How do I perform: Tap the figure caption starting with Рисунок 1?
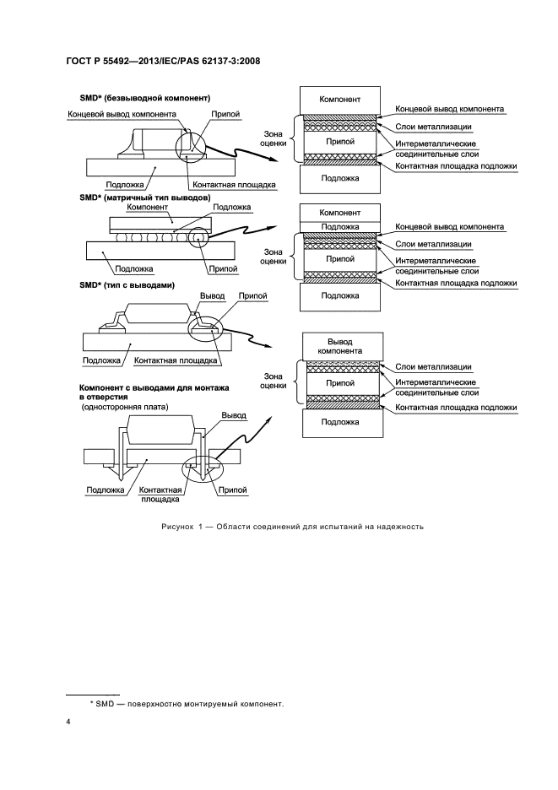tap(290, 527)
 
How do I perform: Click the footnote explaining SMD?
tap(186, 703)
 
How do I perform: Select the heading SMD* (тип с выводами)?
tap(127, 285)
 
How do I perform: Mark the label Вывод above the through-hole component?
tap(233, 415)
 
